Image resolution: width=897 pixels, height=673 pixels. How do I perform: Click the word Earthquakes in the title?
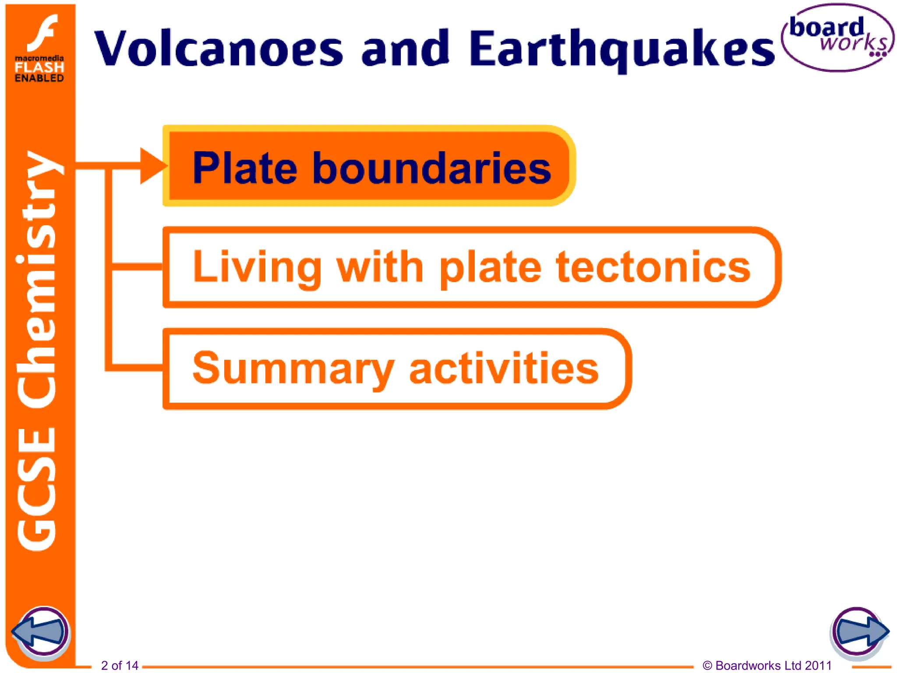click(621, 49)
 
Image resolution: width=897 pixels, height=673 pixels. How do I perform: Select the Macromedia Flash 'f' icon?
click(42, 33)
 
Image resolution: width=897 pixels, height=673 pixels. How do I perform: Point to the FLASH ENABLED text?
click(39, 72)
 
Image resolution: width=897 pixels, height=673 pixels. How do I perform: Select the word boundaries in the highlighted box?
click(431, 168)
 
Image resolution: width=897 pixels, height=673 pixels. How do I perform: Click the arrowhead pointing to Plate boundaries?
click(152, 166)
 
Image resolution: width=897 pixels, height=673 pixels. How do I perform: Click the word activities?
click(504, 369)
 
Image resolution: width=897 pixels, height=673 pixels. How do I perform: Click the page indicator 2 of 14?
click(120, 666)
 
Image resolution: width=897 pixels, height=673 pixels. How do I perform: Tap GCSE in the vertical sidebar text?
click(38, 489)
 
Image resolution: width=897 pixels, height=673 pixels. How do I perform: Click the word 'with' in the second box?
click(379, 267)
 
